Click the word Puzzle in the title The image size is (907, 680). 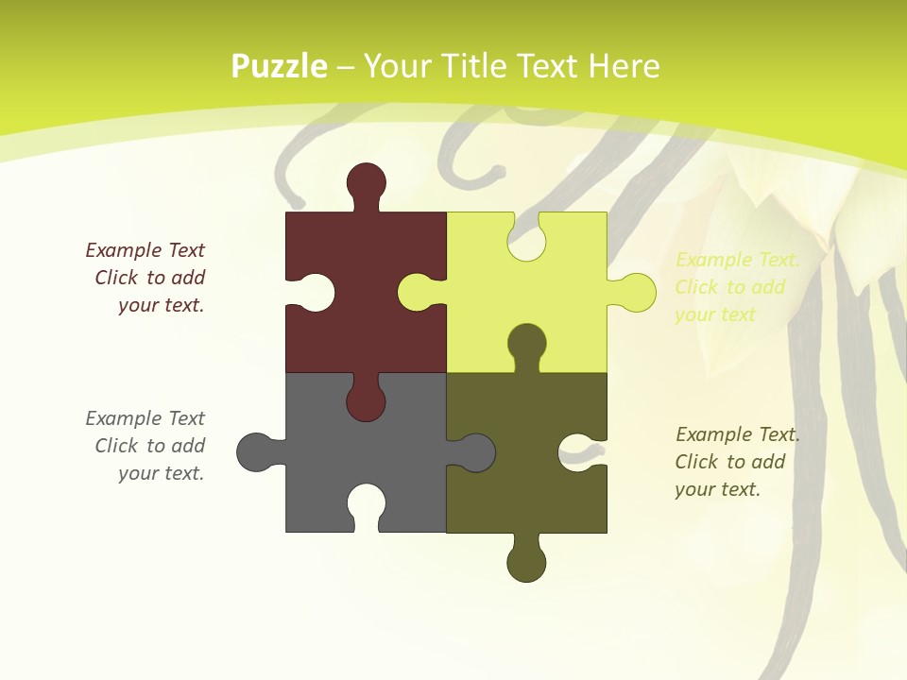(x=280, y=67)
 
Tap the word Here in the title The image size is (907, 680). (x=624, y=67)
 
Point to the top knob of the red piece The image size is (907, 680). (x=366, y=182)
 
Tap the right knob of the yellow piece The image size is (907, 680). (x=636, y=292)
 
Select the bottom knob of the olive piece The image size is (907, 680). (x=526, y=562)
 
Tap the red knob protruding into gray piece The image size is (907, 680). (x=366, y=401)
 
